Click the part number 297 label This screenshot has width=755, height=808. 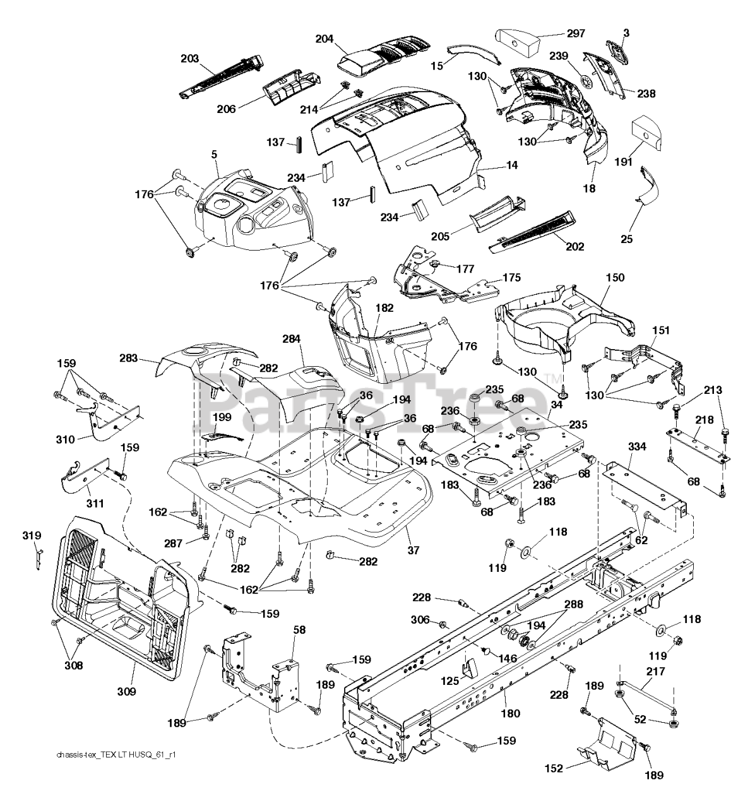tap(574, 33)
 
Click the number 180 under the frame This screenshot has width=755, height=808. tap(510, 713)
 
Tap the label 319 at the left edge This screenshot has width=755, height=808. tap(32, 536)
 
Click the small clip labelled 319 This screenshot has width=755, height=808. tap(39, 557)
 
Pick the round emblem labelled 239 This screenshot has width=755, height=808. tap(590, 83)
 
